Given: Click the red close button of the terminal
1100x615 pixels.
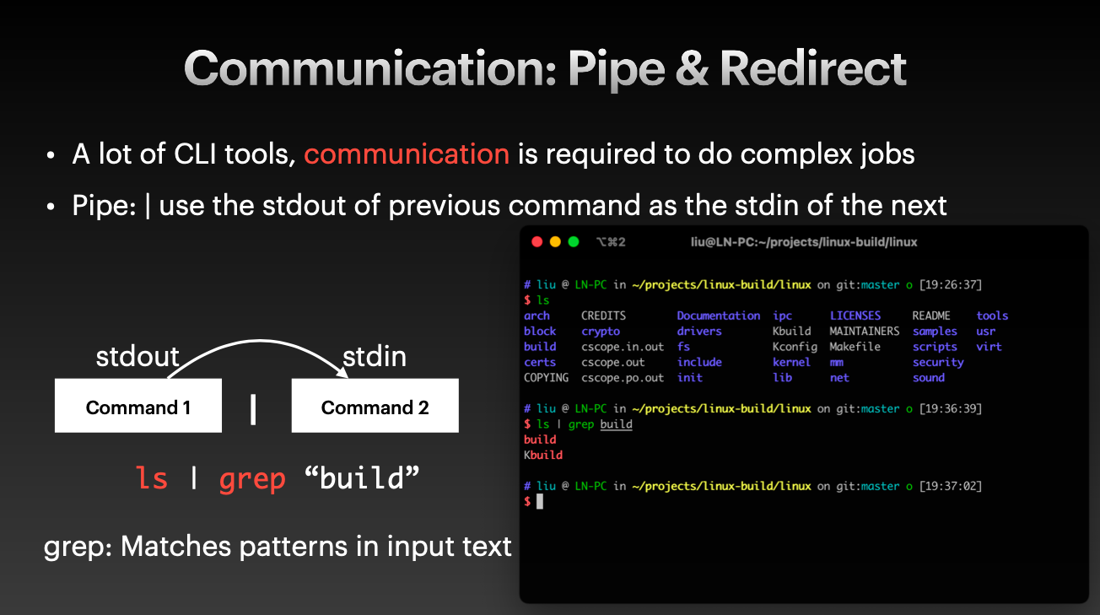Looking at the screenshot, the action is [537, 241].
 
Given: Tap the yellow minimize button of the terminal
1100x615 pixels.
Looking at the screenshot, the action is [555, 241].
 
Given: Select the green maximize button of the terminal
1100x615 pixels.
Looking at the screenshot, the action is [573, 241].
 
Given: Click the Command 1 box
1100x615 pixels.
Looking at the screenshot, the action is [138, 406].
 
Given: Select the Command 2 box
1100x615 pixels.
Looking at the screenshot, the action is [375, 406].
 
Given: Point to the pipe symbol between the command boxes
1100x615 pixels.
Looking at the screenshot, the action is [253, 409].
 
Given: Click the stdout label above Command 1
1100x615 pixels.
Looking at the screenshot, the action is [137, 356].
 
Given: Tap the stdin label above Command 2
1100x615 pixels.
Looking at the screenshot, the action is [375, 356].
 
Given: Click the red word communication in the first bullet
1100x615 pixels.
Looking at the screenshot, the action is [407, 154].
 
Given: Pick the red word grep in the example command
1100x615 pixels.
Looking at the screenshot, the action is [252, 479].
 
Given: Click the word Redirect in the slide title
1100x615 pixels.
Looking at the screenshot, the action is [813, 69].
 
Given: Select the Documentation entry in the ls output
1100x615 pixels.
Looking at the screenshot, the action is [719, 316].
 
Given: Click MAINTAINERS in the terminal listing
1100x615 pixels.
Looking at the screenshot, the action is [865, 331].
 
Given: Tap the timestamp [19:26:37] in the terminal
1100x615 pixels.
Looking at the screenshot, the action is [950, 284].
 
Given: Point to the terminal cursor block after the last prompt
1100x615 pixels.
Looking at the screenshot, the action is [540, 501].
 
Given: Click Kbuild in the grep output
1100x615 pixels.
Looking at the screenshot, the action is [543, 455].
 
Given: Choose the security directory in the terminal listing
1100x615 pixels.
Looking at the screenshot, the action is [938, 363].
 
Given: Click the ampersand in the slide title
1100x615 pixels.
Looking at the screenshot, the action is [693, 69].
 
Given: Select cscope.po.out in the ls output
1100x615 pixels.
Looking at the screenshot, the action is [623, 378].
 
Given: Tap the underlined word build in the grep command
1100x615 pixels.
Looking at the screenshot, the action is [617, 423].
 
